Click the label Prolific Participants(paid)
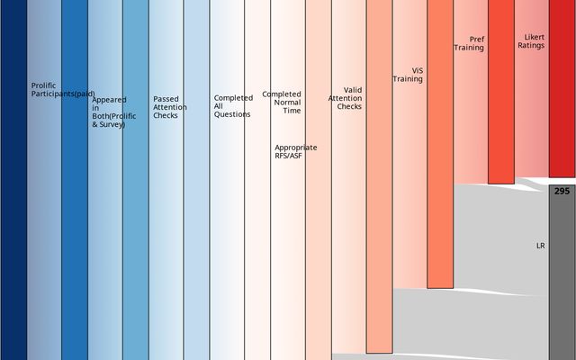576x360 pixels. point(62,90)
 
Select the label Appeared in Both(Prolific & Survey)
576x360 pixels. point(109,112)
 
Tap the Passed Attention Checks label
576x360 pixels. point(170,107)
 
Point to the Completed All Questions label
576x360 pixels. point(232,106)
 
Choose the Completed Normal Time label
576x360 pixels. point(282,102)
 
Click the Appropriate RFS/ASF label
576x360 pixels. point(295,151)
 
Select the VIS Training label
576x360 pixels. point(408,74)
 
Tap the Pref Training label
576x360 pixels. point(472,43)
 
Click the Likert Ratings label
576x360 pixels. point(531,41)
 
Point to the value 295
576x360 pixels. point(562,191)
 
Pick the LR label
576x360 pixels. point(540,245)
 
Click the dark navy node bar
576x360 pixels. point(13,180)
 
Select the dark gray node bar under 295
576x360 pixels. point(562,279)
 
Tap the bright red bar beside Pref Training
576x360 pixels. point(501,90)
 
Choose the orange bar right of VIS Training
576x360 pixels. point(440,144)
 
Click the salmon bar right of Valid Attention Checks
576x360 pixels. point(379,180)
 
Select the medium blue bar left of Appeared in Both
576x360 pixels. point(75,180)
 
